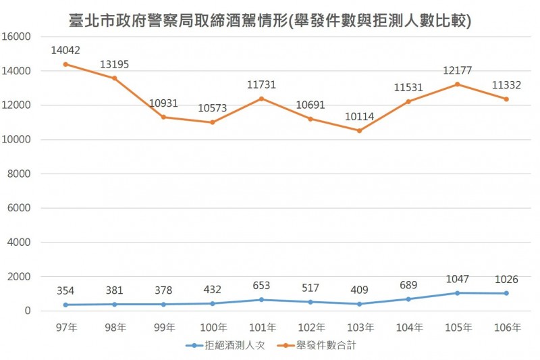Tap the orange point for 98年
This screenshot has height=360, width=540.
pos(114,78)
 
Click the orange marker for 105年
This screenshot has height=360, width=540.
pos(458,84)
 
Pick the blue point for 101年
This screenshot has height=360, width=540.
pos(261,300)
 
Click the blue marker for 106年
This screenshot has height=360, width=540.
pos(506,293)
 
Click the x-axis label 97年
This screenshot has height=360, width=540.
pos(65,328)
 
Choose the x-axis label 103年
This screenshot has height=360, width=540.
pos(359,328)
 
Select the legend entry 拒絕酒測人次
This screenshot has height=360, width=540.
pos(219,346)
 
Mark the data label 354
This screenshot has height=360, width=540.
pos(65,290)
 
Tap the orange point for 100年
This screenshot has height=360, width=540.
pos(212,122)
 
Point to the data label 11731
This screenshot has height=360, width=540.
pos(261,84)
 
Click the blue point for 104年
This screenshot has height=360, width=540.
pos(408,299)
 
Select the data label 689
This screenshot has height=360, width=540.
pos(408,284)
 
